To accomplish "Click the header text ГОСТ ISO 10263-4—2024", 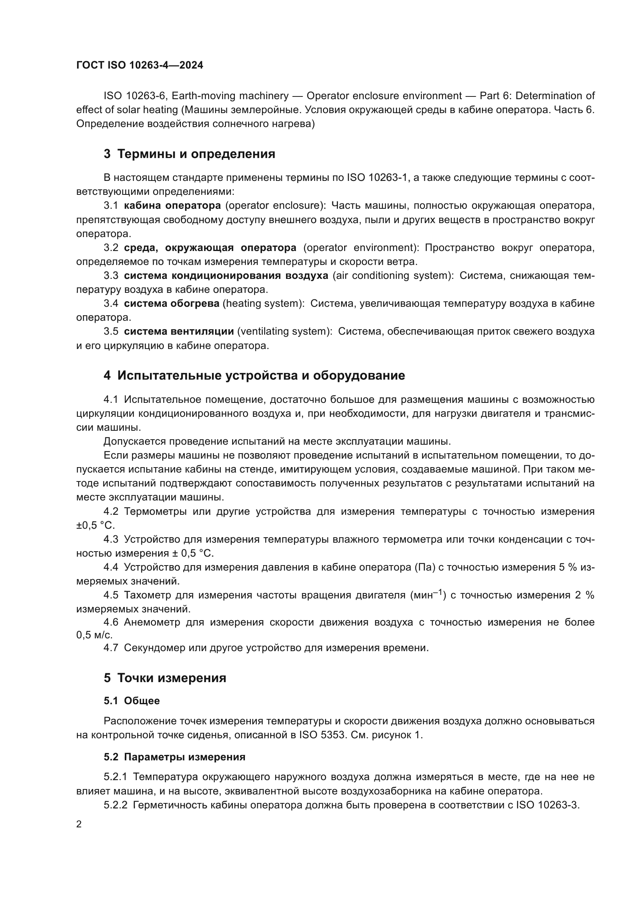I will click(140, 65).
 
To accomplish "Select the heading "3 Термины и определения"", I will click(190, 154).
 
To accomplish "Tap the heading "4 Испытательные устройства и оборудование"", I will click(254, 375).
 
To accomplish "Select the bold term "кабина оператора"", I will click(172, 206).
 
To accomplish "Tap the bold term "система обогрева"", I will click(172, 303).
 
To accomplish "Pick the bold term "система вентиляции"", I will click(179, 332).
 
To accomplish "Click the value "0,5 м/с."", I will click(94, 635).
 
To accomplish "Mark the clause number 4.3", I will click(111, 540).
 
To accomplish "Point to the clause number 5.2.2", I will click(115, 805).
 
